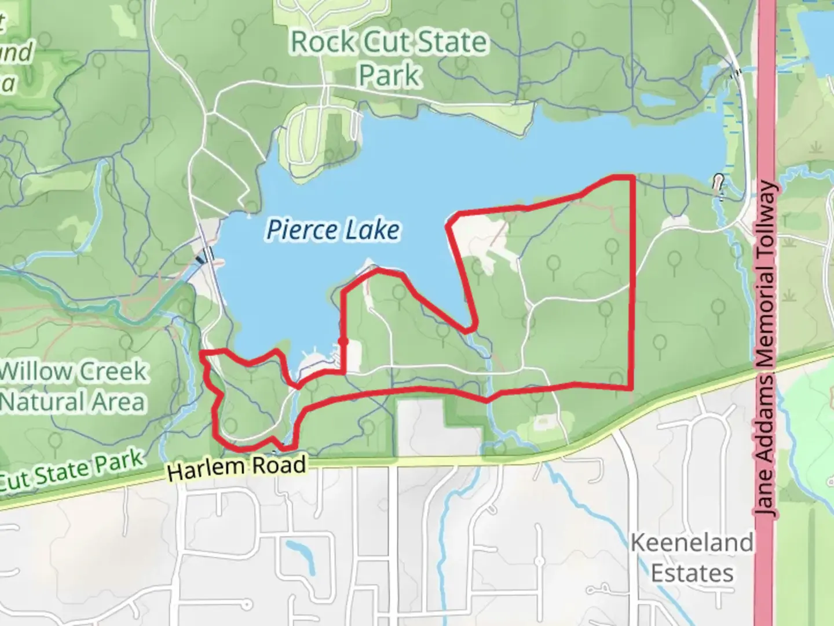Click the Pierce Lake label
click(333, 230)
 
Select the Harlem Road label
click(236, 467)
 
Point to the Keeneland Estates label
click(692, 558)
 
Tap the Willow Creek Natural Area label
click(72, 386)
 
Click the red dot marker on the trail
click(343, 341)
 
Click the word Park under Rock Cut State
click(389, 75)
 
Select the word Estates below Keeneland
click(692, 573)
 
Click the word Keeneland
click(692, 543)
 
